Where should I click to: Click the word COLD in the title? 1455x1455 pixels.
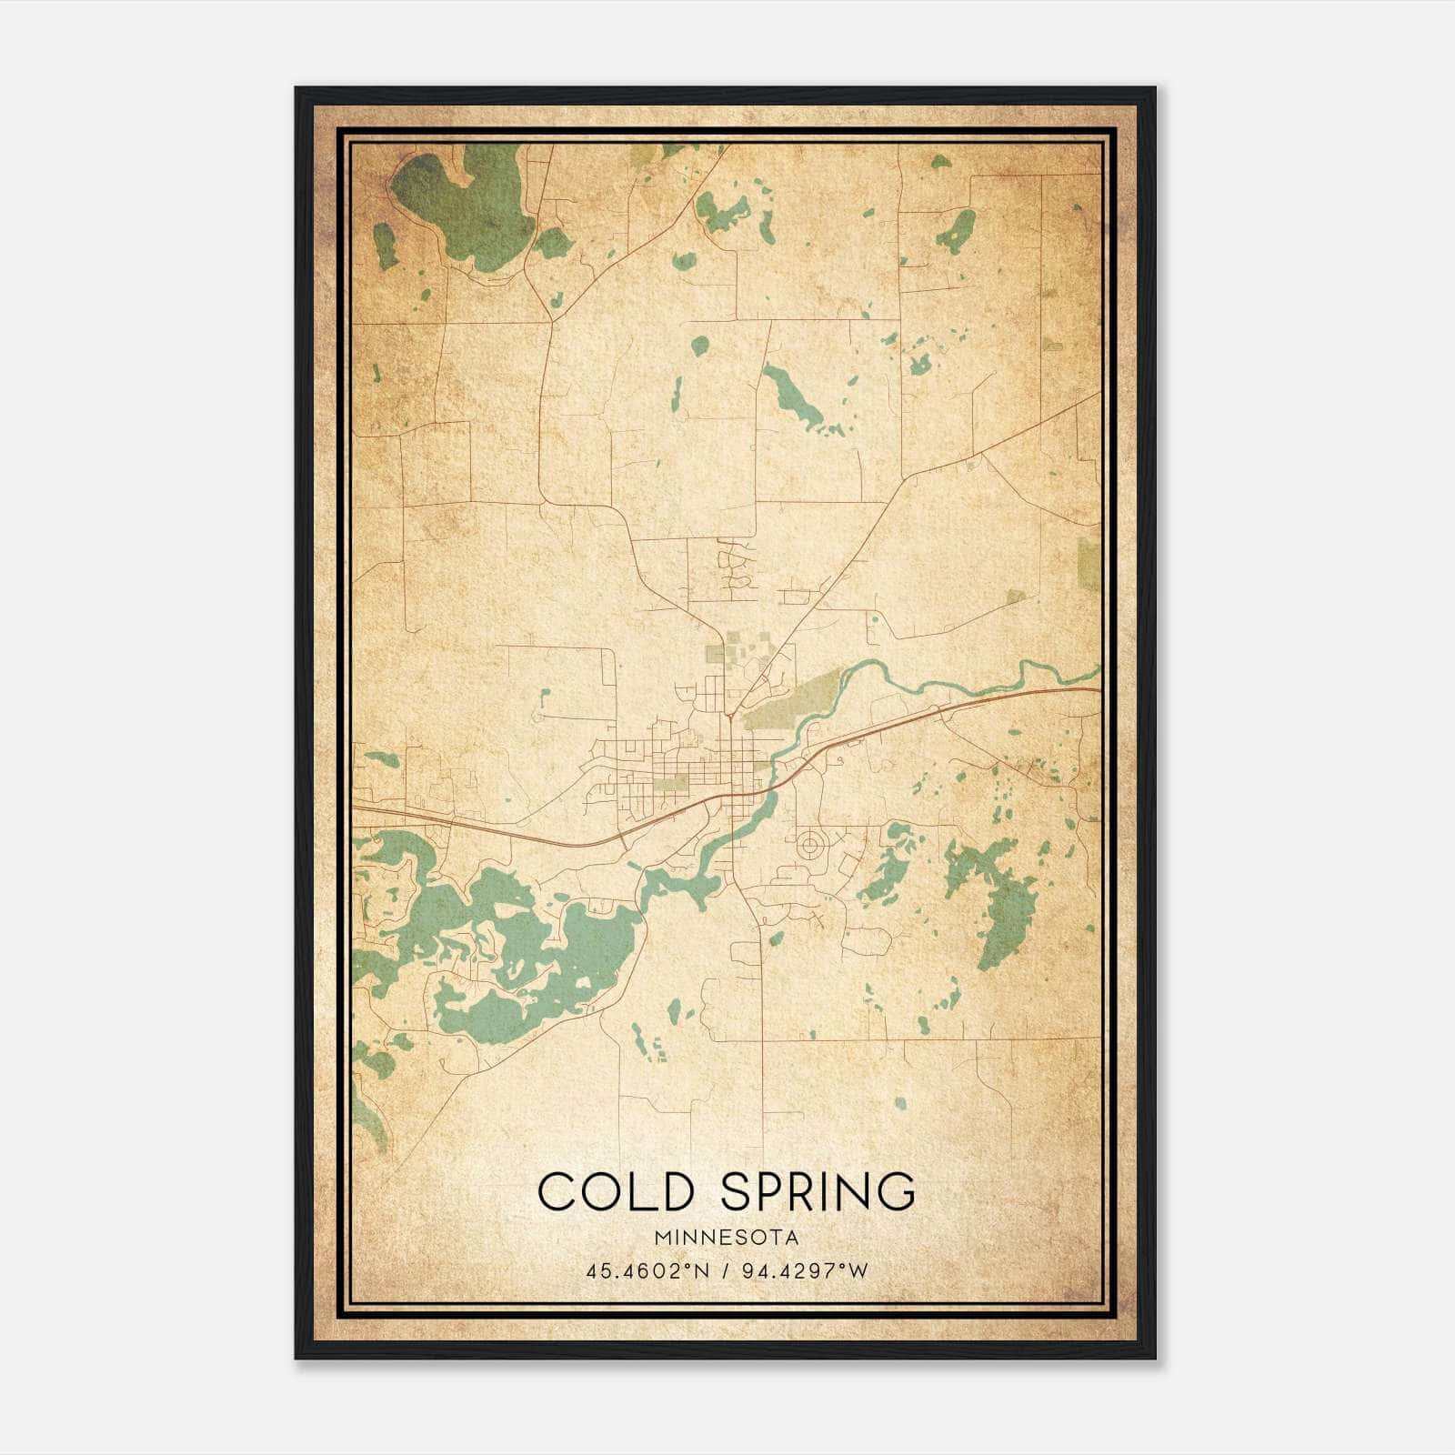[616, 1191]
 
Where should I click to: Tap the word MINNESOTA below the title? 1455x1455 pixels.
[727, 1238]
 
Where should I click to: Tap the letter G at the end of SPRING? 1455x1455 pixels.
[896, 1191]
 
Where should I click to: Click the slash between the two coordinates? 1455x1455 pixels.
[725, 1271]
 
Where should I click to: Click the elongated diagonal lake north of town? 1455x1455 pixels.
[791, 396]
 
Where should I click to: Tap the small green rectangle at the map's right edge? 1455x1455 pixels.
[1089, 564]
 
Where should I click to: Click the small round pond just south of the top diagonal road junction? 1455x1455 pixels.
[699, 346]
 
